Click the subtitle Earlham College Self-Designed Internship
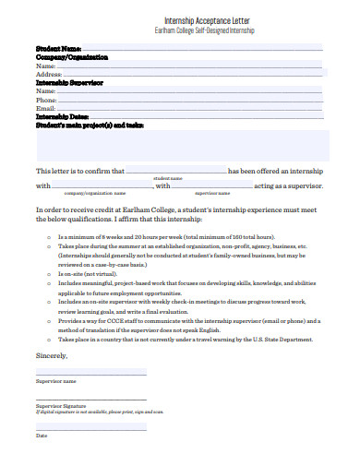[x=180, y=30]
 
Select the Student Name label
[x=59, y=48]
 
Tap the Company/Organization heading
[x=72, y=56]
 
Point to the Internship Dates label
[x=62, y=116]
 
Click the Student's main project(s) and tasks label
[x=90, y=124]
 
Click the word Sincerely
[x=53, y=354]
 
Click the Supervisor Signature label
[x=61, y=405]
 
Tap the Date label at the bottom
[x=42, y=436]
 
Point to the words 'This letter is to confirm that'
[x=78, y=171]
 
